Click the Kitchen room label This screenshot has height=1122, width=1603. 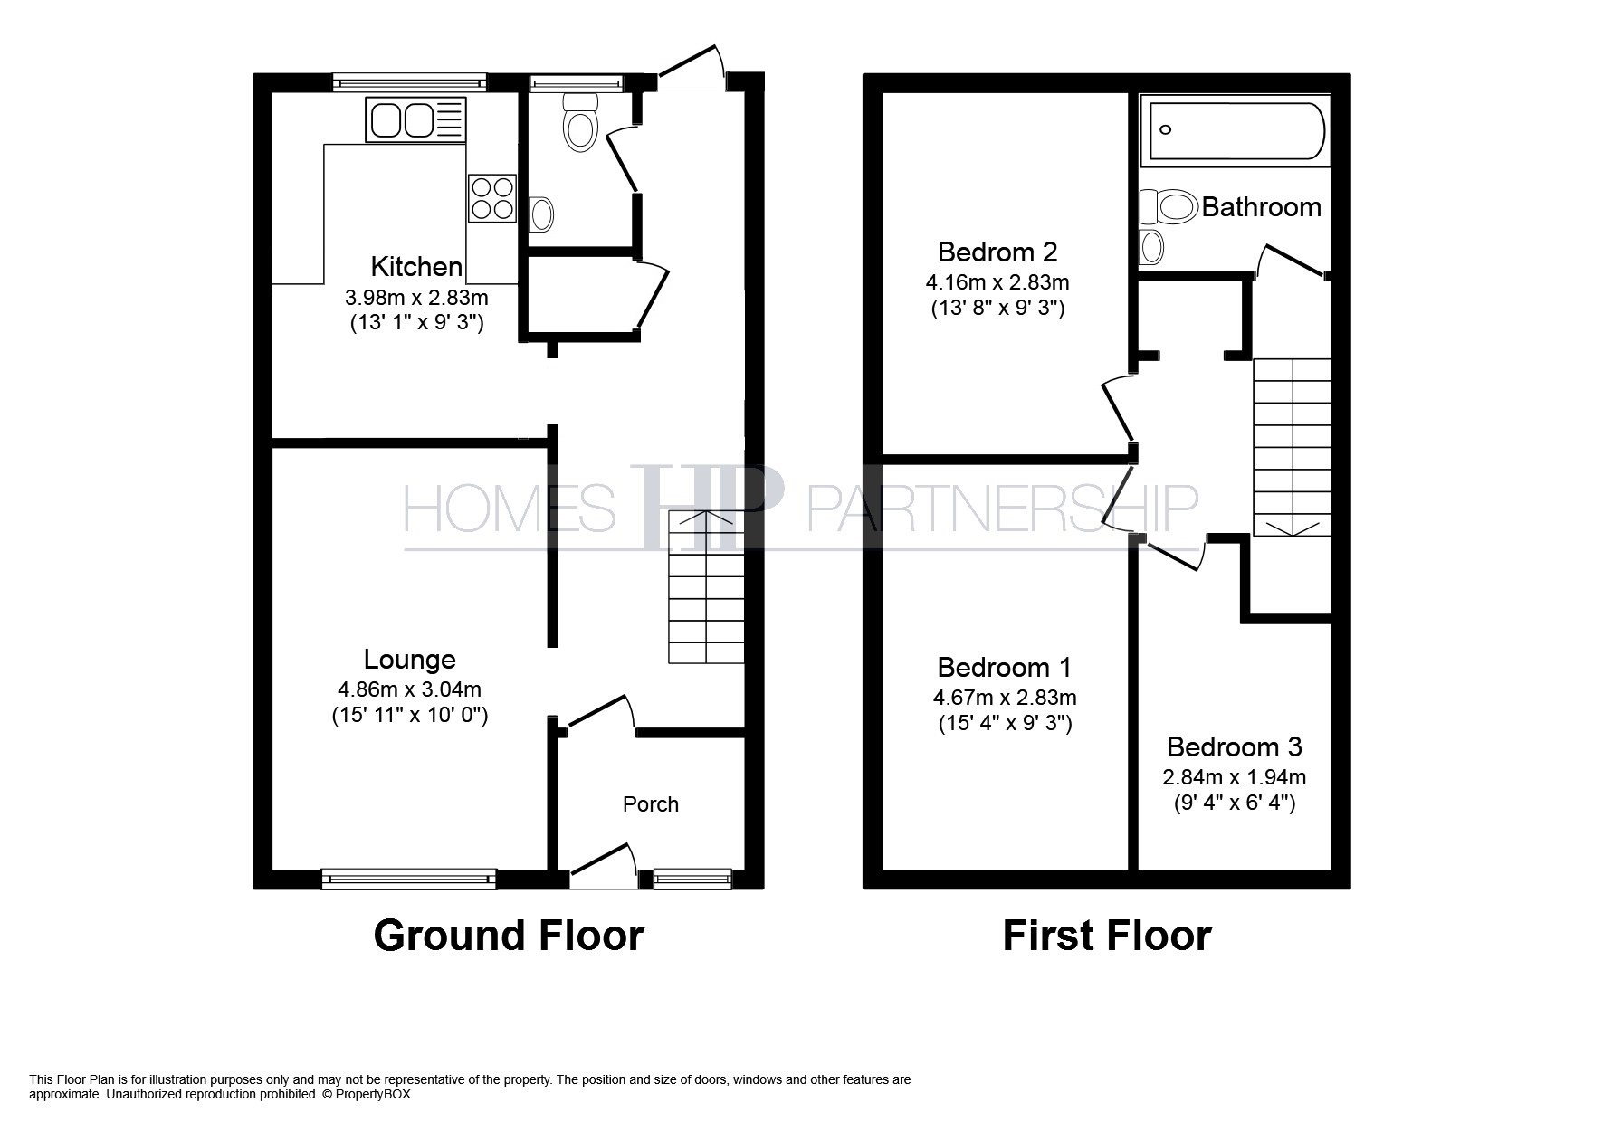(x=416, y=267)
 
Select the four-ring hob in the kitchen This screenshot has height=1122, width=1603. (x=491, y=198)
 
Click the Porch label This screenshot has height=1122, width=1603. (x=651, y=804)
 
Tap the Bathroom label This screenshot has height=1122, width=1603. (x=1262, y=207)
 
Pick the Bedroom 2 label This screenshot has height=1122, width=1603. (x=997, y=252)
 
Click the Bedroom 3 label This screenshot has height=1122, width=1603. (x=1235, y=747)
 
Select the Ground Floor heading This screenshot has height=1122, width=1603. (x=509, y=936)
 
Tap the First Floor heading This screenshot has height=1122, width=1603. (x=1107, y=936)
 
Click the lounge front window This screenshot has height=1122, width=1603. (x=409, y=878)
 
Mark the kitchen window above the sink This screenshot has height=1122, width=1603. (x=409, y=82)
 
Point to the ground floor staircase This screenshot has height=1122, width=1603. (x=706, y=587)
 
